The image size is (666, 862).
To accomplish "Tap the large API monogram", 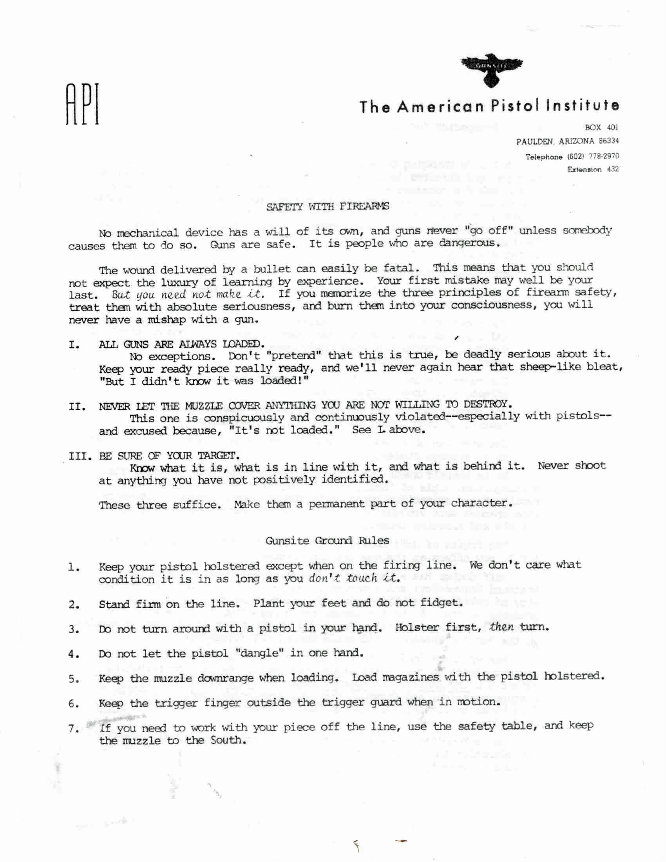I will tap(82, 104).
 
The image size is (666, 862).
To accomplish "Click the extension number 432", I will tap(613, 170).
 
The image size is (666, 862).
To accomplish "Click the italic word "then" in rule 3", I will tap(500, 627).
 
